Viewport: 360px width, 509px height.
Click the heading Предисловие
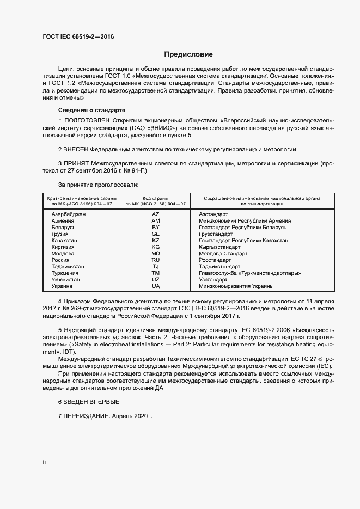point(188,54)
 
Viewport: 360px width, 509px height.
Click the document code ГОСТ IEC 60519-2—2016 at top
point(78,37)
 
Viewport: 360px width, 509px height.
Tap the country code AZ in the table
point(156,214)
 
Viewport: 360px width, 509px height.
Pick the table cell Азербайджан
point(69,214)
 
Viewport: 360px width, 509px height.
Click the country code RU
point(156,260)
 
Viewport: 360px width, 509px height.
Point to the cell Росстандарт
point(216,260)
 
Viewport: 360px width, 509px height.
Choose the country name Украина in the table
point(61,286)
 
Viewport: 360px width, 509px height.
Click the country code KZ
point(156,241)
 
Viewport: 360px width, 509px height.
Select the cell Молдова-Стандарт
point(223,254)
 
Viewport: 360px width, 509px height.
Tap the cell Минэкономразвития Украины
point(236,286)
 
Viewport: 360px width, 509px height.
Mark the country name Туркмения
point(65,273)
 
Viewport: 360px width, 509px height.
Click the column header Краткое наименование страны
point(80,198)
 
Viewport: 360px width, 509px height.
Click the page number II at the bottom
point(44,463)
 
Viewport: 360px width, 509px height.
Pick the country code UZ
point(156,280)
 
